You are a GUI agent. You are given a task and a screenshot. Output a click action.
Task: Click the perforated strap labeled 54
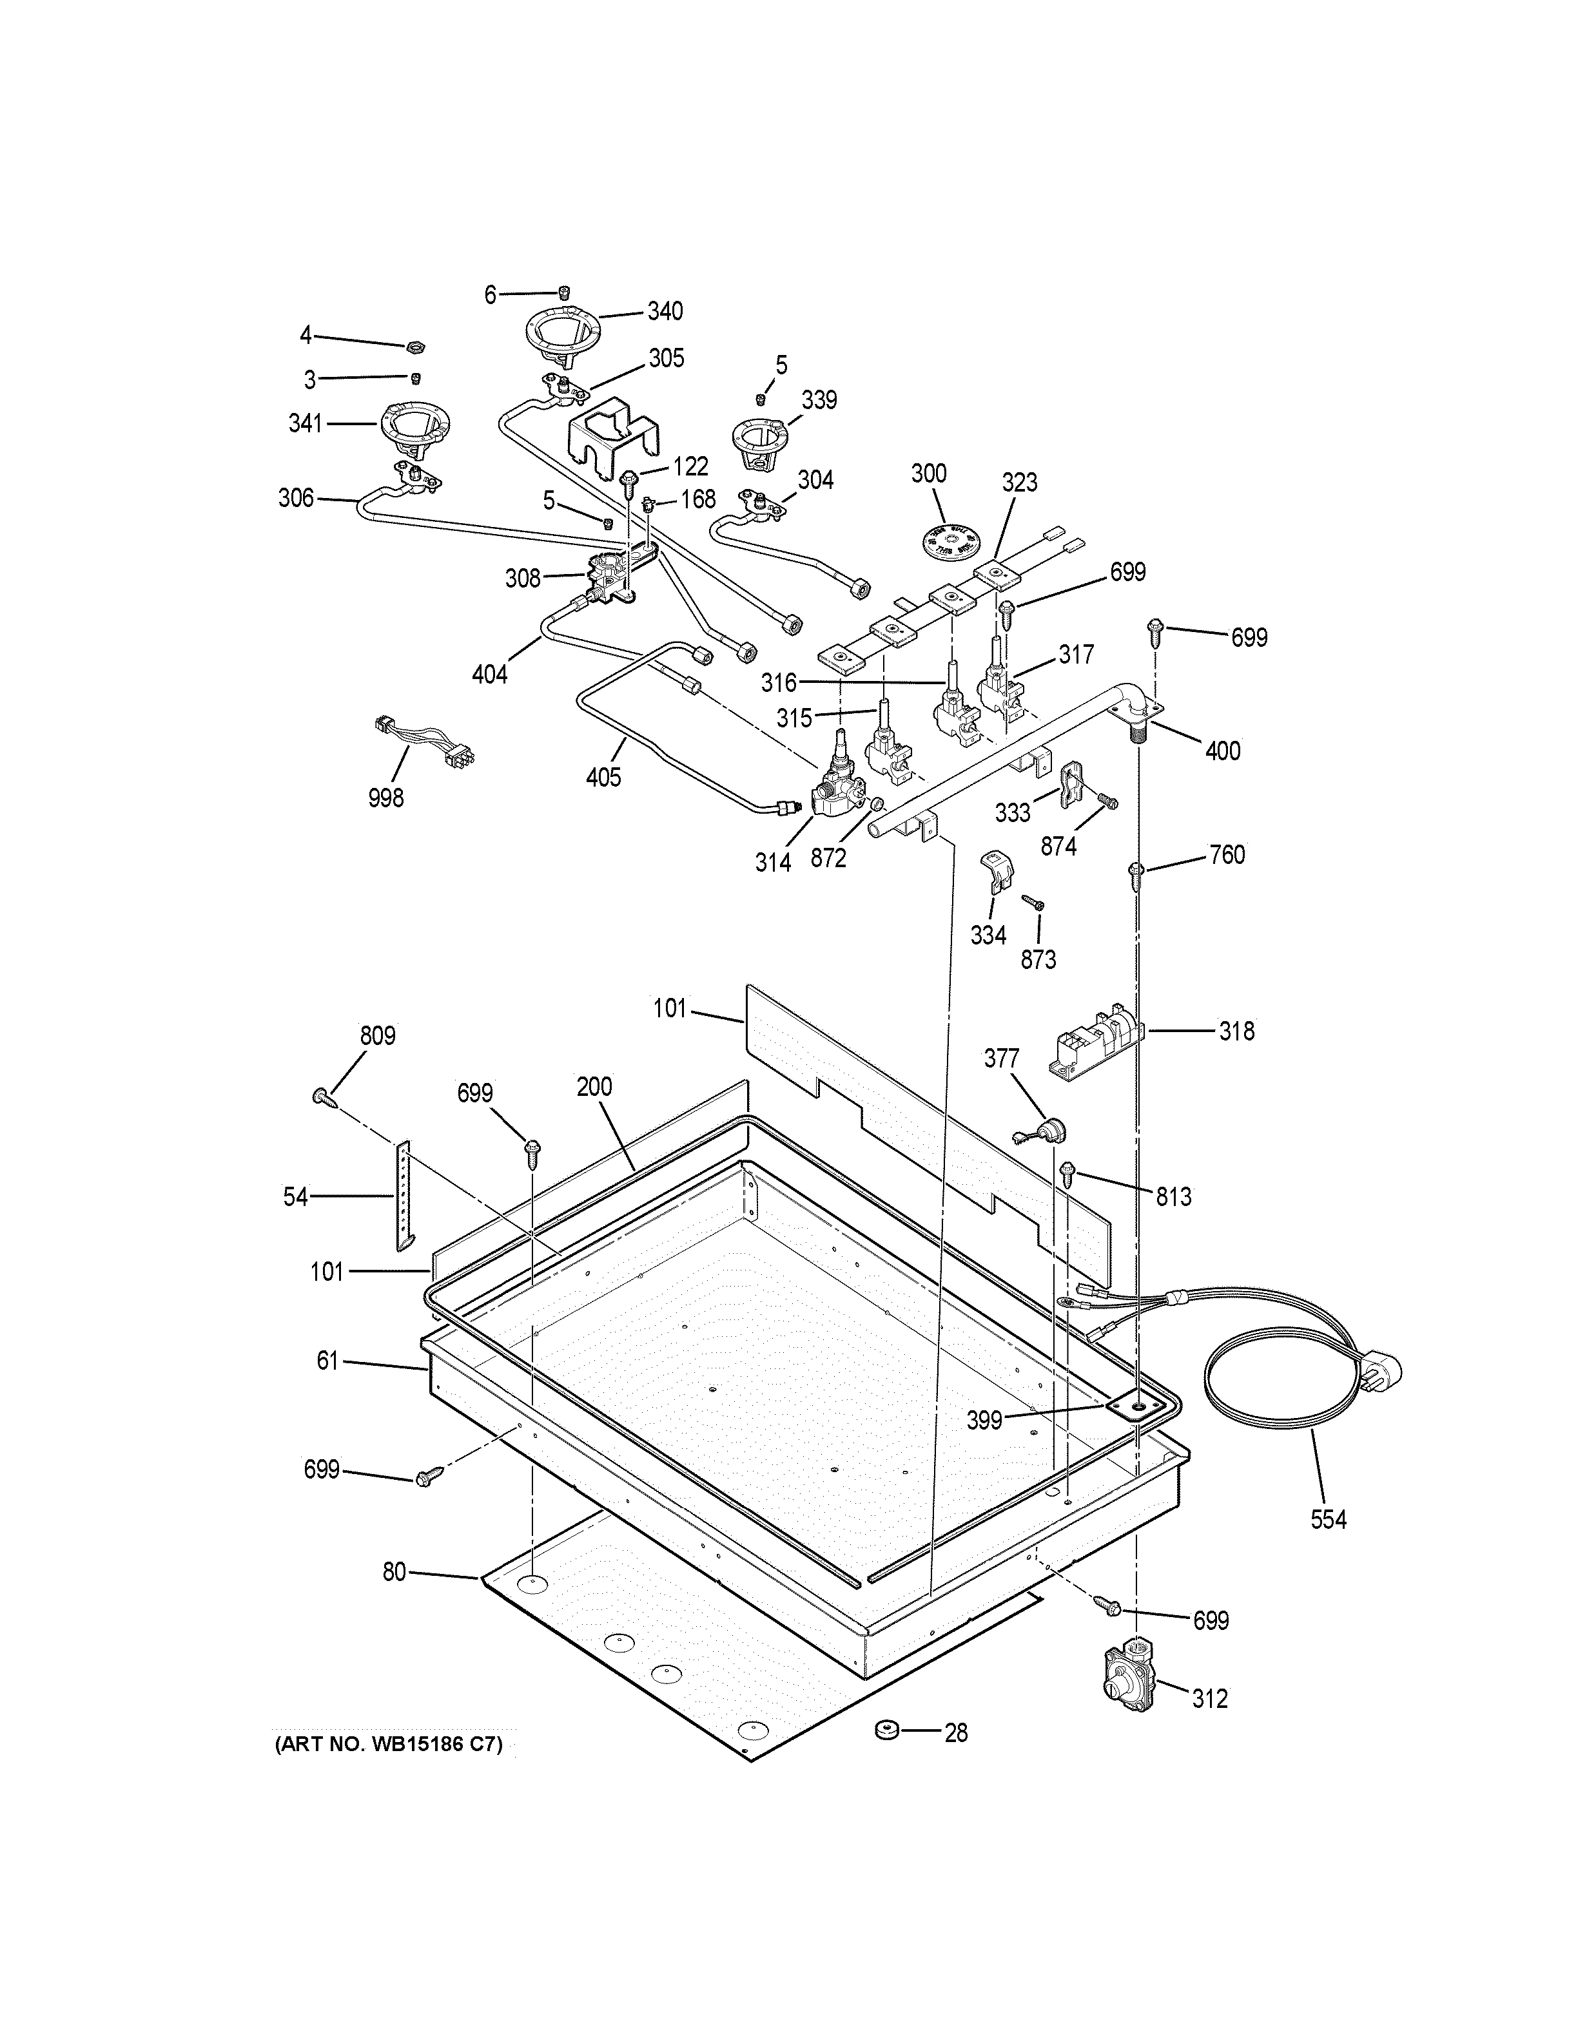pos(404,1196)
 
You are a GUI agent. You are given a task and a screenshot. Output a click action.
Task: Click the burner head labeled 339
pos(761,441)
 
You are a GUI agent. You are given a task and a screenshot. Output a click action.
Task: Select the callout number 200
pos(594,1086)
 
